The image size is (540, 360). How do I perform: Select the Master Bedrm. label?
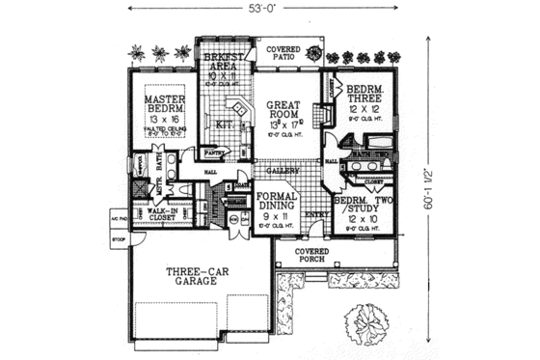point(166,104)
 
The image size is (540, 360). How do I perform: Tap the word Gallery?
point(281,170)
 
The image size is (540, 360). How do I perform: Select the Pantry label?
point(214,152)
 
